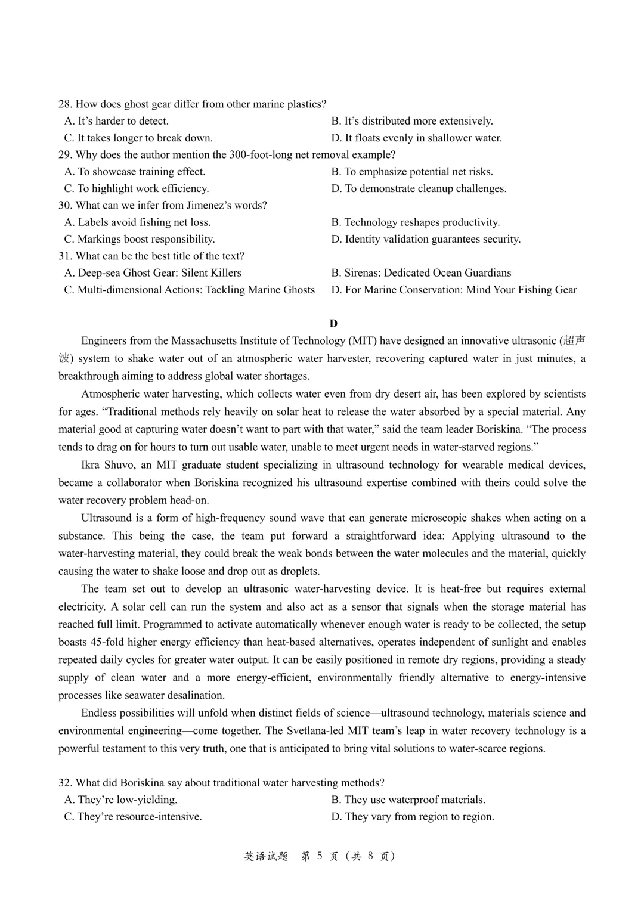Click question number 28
pos(65,104)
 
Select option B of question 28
pos(412,121)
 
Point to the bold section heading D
pos(333,323)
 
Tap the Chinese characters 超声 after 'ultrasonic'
pos(574,341)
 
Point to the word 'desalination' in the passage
pos(195,695)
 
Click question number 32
pos(65,783)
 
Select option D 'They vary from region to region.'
pos(413,817)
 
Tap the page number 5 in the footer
pos(320,856)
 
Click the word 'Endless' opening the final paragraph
pos(98,713)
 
